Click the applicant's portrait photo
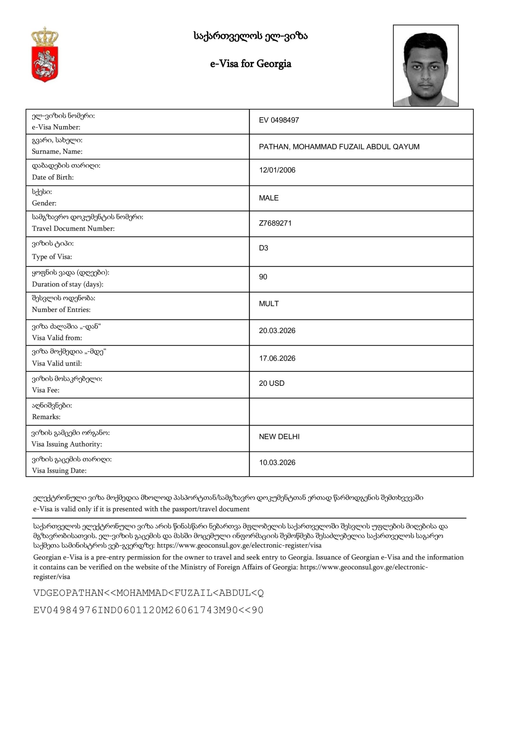[x=425, y=65]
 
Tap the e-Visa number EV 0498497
[x=279, y=120]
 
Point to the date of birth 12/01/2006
[x=277, y=170]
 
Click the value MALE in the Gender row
[x=269, y=198]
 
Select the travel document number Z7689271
[x=275, y=224]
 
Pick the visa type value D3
[x=263, y=248]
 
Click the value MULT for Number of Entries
[x=269, y=304]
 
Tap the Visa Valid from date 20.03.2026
[x=277, y=331]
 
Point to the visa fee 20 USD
[x=272, y=383]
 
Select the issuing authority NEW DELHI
[x=279, y=437]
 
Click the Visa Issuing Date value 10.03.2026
[x=277, y=463]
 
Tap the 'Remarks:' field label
[x=46, y=417]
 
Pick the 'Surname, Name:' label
[x=57, y=151]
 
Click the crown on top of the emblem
[x=45, y=37]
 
